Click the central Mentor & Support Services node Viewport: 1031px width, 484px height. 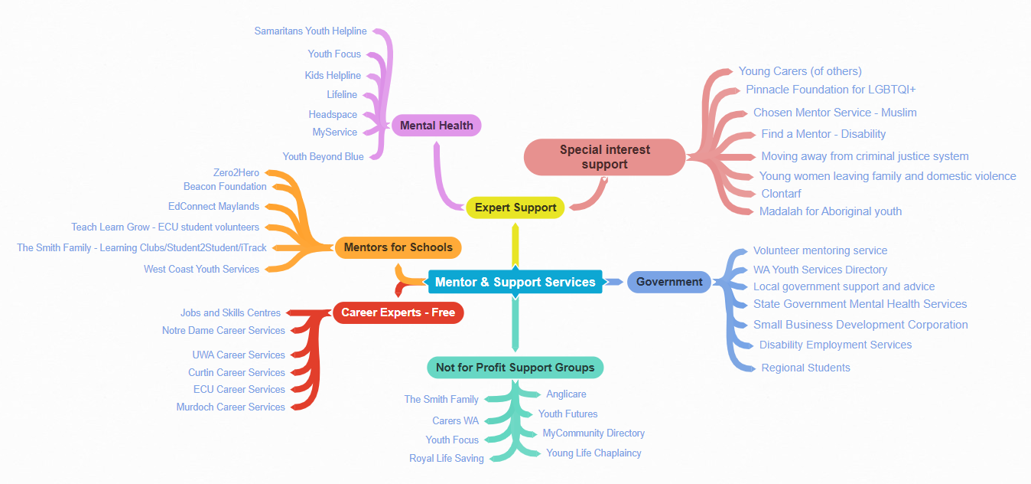click(x=515, y=282)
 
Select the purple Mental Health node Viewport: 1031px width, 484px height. click(x=437, y=126)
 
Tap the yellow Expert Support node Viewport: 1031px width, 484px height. click(x=515, y=208)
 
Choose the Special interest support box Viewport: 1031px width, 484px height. click(x=604, y=157)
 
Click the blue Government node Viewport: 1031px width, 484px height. click(x=669, y=282)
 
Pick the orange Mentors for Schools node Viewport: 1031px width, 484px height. click(x=398, y=247)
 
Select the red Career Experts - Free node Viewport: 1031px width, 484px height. click(x=398, y=312)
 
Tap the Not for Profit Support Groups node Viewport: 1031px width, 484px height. click(x=515, y=368)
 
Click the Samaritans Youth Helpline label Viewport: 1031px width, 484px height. click(x=311, y=31)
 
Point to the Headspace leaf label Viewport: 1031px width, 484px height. click(x=333, y=115)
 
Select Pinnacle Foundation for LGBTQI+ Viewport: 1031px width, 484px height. click(x=831, y=90)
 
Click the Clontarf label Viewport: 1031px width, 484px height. click(x=781, y=194)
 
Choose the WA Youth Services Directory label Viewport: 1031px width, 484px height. click(x=820, y=270)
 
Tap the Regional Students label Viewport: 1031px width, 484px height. click(x=805, y=368)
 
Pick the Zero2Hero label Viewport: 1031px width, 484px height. click(x=236, y=173)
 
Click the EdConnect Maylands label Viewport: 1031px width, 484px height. click(x=213, y=207)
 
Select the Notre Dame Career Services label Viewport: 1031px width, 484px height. click(x=223, y=331)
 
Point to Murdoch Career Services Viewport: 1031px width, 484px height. click(x=230, y=407)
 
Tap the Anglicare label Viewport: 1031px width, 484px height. click(x=566, y=394)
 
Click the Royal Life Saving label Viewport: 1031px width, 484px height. click(x=447, y=459)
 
